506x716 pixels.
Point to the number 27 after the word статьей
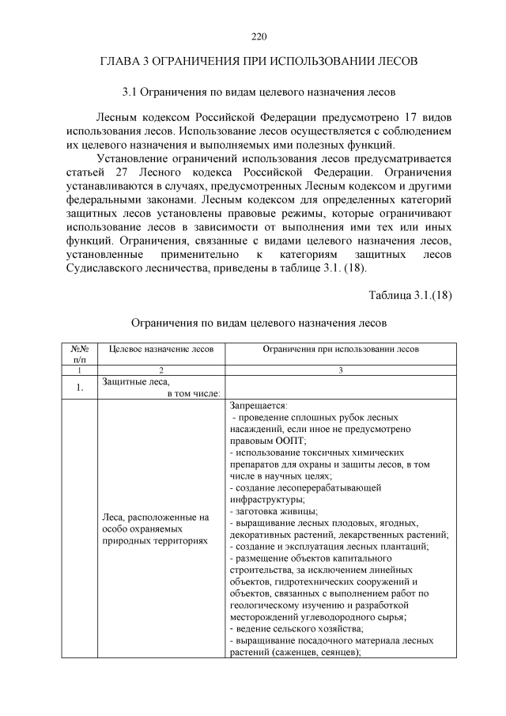pos(117,172)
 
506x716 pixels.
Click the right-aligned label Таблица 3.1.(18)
pos(410,295)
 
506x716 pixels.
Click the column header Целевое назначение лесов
pos(160,349)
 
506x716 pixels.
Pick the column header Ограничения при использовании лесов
pos(341,349)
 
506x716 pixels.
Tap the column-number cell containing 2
pos(160,369)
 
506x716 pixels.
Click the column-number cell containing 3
pos(341,369)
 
